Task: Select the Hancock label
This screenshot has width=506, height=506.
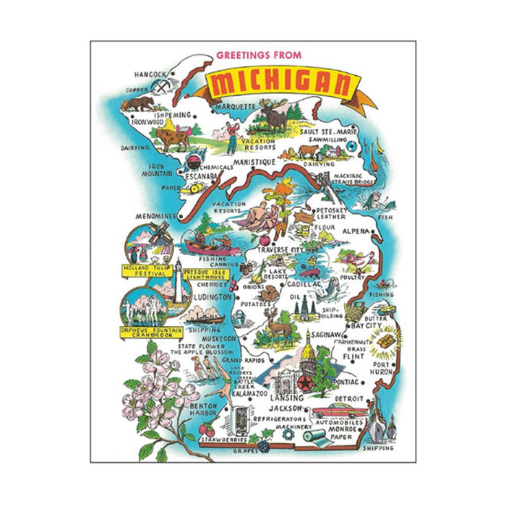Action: (150, 73)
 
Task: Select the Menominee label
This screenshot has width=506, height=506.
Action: (154, 215)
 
